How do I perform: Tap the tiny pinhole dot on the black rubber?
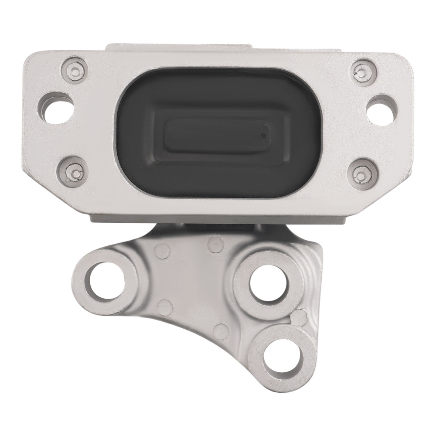(262, 136)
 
